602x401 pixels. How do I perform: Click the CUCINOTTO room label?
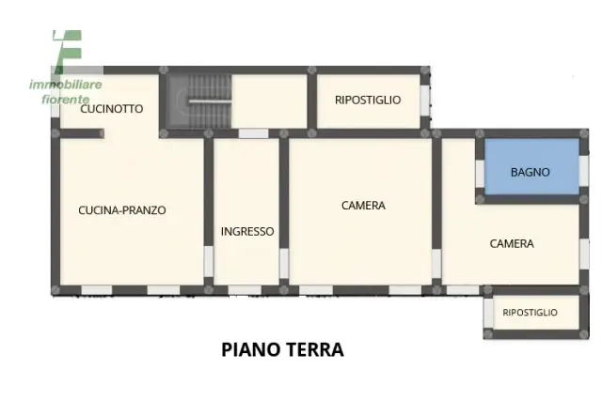click(112, 109)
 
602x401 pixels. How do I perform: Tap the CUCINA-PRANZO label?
click(122, 210)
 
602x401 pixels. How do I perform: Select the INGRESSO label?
click(247, 232)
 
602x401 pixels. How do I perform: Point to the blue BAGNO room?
click(531, 166)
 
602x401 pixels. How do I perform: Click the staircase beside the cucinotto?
click(199, 101)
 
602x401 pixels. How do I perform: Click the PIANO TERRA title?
click(282, 349)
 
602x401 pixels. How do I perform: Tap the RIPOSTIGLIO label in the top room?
click(368, 100)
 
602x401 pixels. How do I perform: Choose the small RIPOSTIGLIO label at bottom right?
click(530, 313)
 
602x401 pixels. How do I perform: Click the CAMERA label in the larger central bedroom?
click(363, 206)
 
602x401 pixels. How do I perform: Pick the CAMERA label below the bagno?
click(512, 244)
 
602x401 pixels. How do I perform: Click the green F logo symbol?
click(68, 52)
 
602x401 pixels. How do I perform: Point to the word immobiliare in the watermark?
click(66, 85)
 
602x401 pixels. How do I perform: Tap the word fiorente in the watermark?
click(65, 100)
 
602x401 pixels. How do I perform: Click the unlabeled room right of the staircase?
click(269, 101)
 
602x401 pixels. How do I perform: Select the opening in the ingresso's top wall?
click(253, 133)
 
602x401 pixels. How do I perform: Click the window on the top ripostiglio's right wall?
click(424, 100)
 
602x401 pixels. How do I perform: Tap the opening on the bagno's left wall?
click(480, 174)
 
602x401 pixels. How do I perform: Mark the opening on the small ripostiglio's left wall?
click(488, 313)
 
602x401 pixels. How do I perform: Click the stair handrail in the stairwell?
click(210, 101)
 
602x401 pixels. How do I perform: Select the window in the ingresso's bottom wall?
click(245, 290)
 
